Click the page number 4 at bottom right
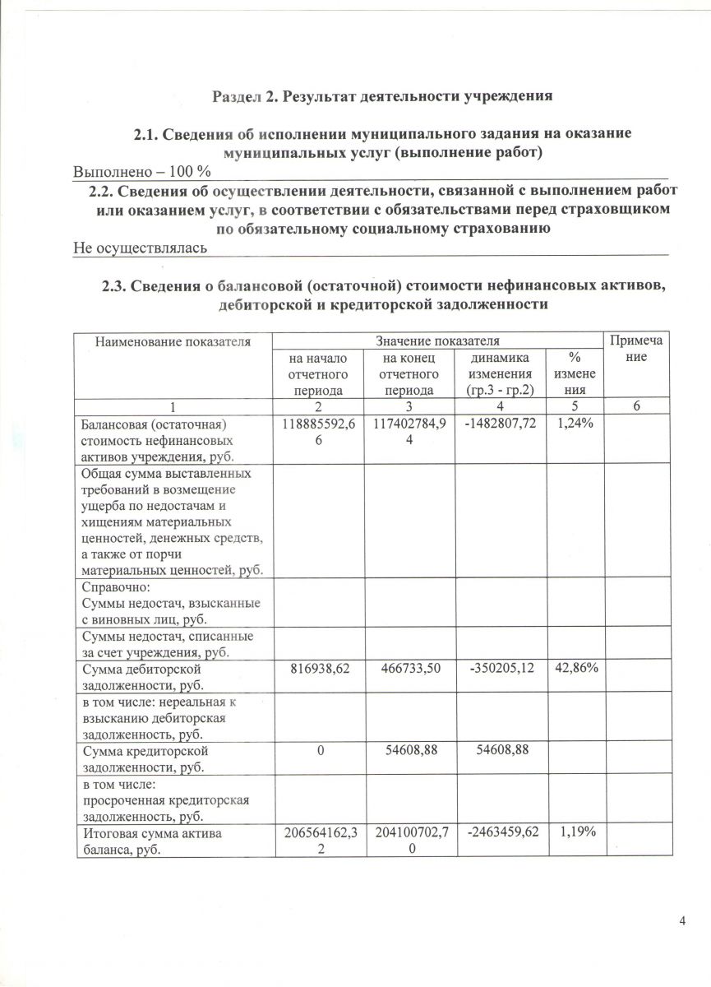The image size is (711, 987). [682, 920]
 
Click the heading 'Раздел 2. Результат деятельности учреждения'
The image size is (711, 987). [382, 95]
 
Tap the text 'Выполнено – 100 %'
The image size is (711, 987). [142, 172]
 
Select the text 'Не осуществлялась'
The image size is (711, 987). [139, 247]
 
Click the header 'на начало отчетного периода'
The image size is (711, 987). [317, 374]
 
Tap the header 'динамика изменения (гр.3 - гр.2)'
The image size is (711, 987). [501, 374]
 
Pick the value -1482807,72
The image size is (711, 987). [501, 424]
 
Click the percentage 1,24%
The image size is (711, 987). [571, 424]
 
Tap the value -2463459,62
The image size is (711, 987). [501, 832]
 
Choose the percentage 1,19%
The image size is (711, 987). [571, 832]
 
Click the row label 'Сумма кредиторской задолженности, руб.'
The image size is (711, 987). [144, 758]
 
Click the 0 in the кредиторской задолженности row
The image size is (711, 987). [317, 750]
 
